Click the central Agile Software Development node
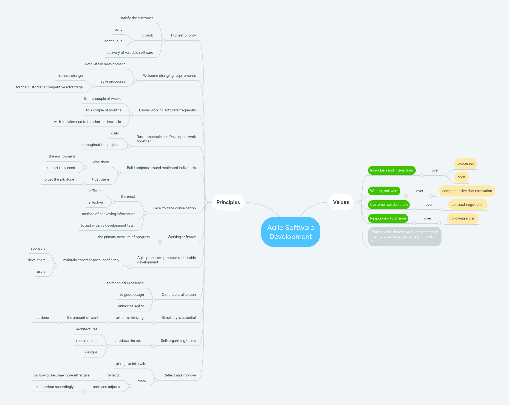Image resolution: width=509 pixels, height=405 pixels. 290,232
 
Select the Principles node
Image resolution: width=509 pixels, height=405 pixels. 228,202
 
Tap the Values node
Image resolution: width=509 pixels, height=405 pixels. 341,202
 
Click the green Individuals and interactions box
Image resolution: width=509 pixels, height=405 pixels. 391,170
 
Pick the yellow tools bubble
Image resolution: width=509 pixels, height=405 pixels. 461,177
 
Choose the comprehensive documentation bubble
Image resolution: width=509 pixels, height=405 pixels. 467,191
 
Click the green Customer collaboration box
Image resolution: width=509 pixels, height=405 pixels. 389,204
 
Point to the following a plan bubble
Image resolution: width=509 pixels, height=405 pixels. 462,218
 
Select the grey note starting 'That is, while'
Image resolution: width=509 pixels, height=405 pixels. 404,236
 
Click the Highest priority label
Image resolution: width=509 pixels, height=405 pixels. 183,35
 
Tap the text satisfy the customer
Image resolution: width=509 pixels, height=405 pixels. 137,18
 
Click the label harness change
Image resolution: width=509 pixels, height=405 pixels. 70,75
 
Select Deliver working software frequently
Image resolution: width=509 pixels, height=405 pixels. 167,110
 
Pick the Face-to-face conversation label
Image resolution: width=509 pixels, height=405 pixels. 174,208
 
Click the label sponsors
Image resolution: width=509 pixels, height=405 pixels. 38,248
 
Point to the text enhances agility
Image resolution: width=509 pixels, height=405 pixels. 131,306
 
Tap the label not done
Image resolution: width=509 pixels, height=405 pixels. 42,317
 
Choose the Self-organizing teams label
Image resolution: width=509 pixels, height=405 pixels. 178,341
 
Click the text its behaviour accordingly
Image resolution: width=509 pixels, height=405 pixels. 53,387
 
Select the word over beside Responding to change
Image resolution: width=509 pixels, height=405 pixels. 427,218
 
